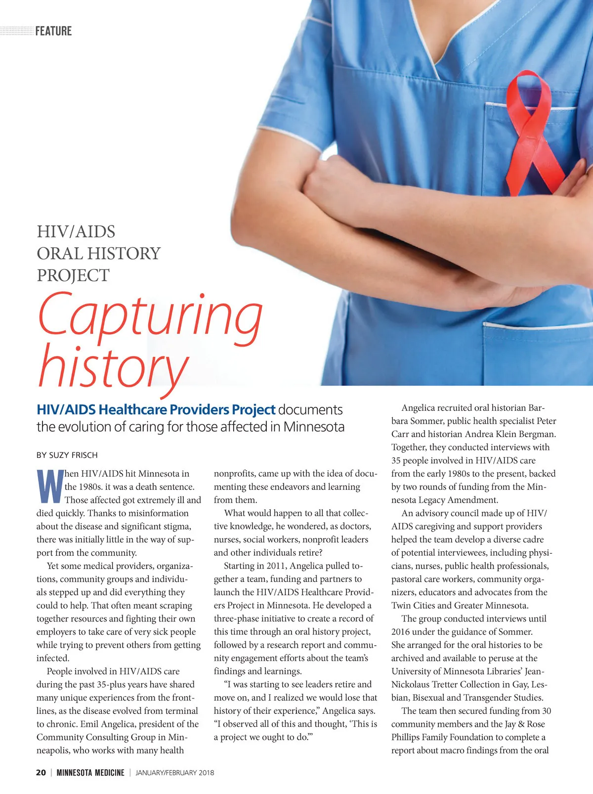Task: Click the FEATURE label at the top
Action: click(x=53, y=31)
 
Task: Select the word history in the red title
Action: click(x=113, y=366)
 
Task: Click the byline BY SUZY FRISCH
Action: click(x=67, y=455)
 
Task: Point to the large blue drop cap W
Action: click(x=50, y=486)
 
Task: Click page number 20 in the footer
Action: click(x=41, y=772)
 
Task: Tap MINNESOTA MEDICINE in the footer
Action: click(x=90, y=772)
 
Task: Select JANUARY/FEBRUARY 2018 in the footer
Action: click(x=175, y=772)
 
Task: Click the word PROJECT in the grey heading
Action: click(x=73, y=275)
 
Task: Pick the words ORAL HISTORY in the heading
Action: click(x=99, y=254)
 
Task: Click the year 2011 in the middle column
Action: click(x=276, y=566)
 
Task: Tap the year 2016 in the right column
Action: click(x=401, y=631)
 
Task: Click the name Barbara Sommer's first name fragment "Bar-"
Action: click(x=536, y=408)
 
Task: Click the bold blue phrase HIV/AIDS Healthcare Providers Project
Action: click(x=156, y=410)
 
